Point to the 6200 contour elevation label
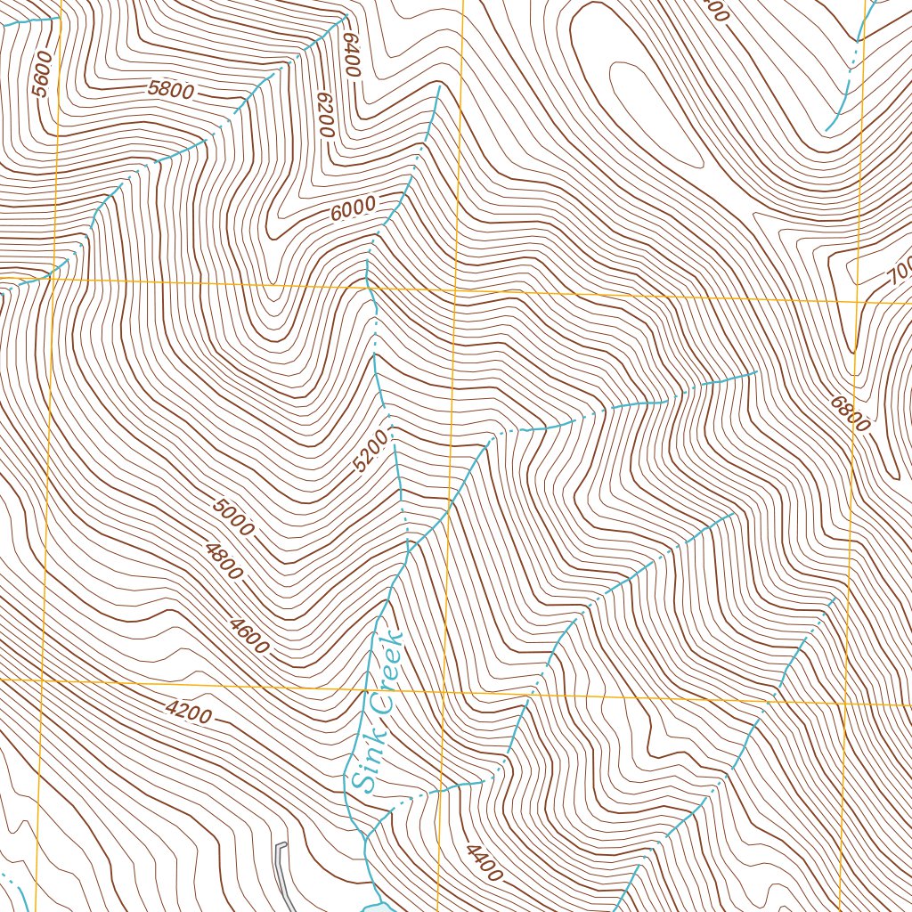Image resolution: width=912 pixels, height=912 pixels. (323, 115)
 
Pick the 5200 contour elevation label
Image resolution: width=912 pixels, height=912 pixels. (371, 451)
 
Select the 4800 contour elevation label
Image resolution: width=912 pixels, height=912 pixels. (223, 561)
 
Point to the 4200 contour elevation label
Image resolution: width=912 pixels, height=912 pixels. (188, 712)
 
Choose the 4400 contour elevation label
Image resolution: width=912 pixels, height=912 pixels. (482, 862)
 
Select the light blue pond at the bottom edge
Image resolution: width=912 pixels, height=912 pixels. (376, 906)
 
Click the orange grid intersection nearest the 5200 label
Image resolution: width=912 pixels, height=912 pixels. (454, 290)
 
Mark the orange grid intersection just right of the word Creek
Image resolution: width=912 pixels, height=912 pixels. (444, 691)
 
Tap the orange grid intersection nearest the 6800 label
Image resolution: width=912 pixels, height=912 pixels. (856, 303)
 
